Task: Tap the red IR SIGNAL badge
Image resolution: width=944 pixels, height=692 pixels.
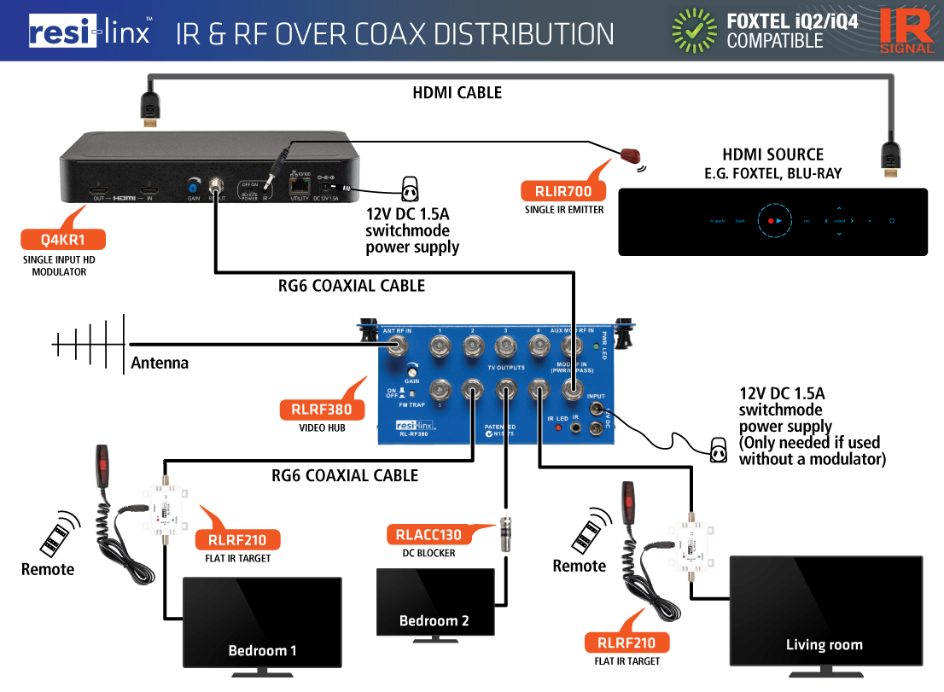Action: coord(906,30)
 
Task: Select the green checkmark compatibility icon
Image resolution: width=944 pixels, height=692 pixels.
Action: coord(693,29)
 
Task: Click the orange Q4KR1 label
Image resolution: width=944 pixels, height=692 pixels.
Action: coord(62,240)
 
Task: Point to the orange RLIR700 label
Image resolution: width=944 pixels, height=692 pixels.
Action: coord(562,192)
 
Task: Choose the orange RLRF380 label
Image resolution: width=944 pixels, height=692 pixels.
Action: coord(322,410)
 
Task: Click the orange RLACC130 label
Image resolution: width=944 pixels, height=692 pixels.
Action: coord(428,535)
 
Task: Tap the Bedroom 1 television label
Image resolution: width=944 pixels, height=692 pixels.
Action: coord(262,650)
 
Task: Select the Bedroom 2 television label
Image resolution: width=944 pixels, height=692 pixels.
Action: coord(434,620)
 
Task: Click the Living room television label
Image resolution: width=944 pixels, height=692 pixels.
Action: coord(824,644)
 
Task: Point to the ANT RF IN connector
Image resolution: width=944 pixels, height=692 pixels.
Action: coord(397,346)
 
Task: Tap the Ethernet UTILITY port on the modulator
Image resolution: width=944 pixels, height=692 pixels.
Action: coord(300,184)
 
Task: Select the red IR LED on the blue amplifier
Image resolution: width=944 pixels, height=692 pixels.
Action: coord(558,428)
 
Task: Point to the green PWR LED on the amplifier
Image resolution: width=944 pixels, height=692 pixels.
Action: coord(596,346)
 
